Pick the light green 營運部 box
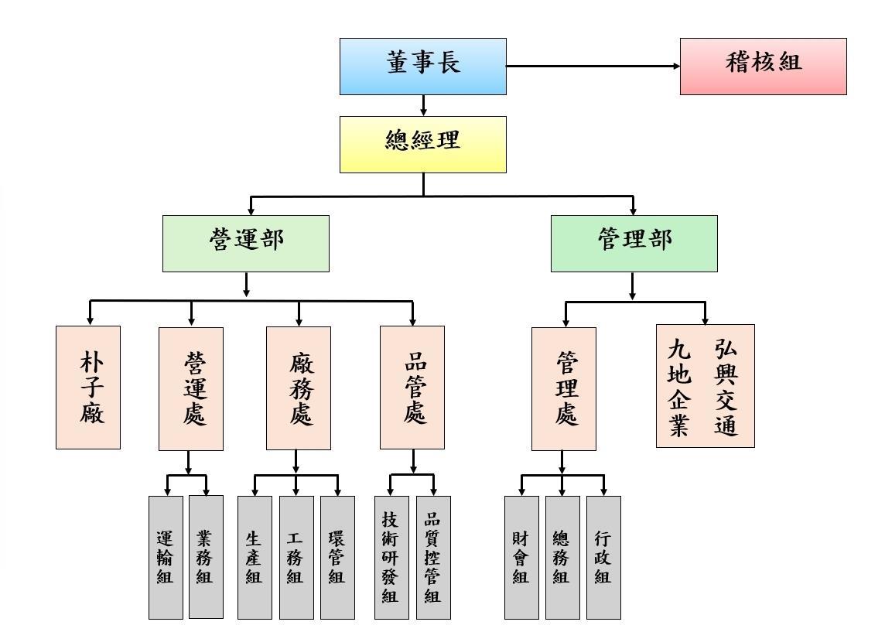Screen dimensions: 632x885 point(246,243)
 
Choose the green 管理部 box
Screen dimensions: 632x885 point(634,243)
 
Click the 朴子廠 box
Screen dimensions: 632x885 point(88,387)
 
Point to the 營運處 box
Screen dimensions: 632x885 point(191,388)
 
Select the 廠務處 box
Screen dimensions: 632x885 point(299,388)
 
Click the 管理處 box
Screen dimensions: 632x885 point(564,388)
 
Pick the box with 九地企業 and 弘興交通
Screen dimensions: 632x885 point(705,385)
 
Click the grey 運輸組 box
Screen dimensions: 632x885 point(166,557)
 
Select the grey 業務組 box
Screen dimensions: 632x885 point(206,557)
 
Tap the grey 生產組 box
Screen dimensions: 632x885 point(255,557)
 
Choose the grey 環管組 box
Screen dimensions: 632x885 point(337,557)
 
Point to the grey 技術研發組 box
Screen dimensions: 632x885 point(391,557)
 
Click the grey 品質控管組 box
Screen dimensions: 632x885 point(433,557)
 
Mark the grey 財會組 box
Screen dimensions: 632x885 point(521,557)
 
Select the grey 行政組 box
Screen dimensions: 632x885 point(603,557)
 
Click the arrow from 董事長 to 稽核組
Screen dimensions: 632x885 point(593,67)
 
